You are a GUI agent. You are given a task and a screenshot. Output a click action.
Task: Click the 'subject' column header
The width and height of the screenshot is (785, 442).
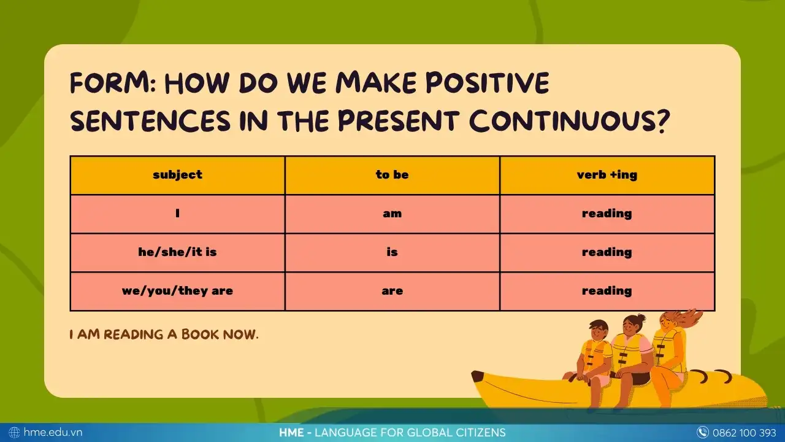(177, 175)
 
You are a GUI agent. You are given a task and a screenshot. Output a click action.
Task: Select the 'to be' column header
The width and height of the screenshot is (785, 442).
(392, 175)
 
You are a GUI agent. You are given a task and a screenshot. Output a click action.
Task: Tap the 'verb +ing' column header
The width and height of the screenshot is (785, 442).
(607, 175)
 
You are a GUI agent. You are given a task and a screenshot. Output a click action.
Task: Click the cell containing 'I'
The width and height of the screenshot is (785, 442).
(177, 214)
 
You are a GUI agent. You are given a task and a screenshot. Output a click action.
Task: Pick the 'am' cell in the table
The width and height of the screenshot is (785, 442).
(392, 214)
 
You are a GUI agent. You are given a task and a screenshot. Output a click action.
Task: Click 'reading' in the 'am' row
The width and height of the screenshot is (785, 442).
(607, 214)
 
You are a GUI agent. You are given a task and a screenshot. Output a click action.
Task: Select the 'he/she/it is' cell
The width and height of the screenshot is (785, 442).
(177, 252)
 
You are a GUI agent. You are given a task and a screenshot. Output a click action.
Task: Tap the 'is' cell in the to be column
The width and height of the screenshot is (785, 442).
(392, 252)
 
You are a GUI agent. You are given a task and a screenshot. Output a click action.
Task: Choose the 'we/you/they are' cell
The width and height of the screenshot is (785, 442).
(177, 291)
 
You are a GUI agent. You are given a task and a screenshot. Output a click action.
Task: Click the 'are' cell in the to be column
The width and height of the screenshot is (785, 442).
(392, 291)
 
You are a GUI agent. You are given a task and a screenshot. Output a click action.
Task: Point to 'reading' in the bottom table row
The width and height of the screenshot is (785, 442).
(607, 291)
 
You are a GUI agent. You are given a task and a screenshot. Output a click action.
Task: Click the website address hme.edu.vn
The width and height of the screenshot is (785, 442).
(53, 432)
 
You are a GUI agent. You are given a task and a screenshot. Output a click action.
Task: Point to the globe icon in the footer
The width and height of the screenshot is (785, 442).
(15, 432)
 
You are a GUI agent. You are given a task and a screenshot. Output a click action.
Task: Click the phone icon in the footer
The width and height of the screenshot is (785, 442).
(703, 432)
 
